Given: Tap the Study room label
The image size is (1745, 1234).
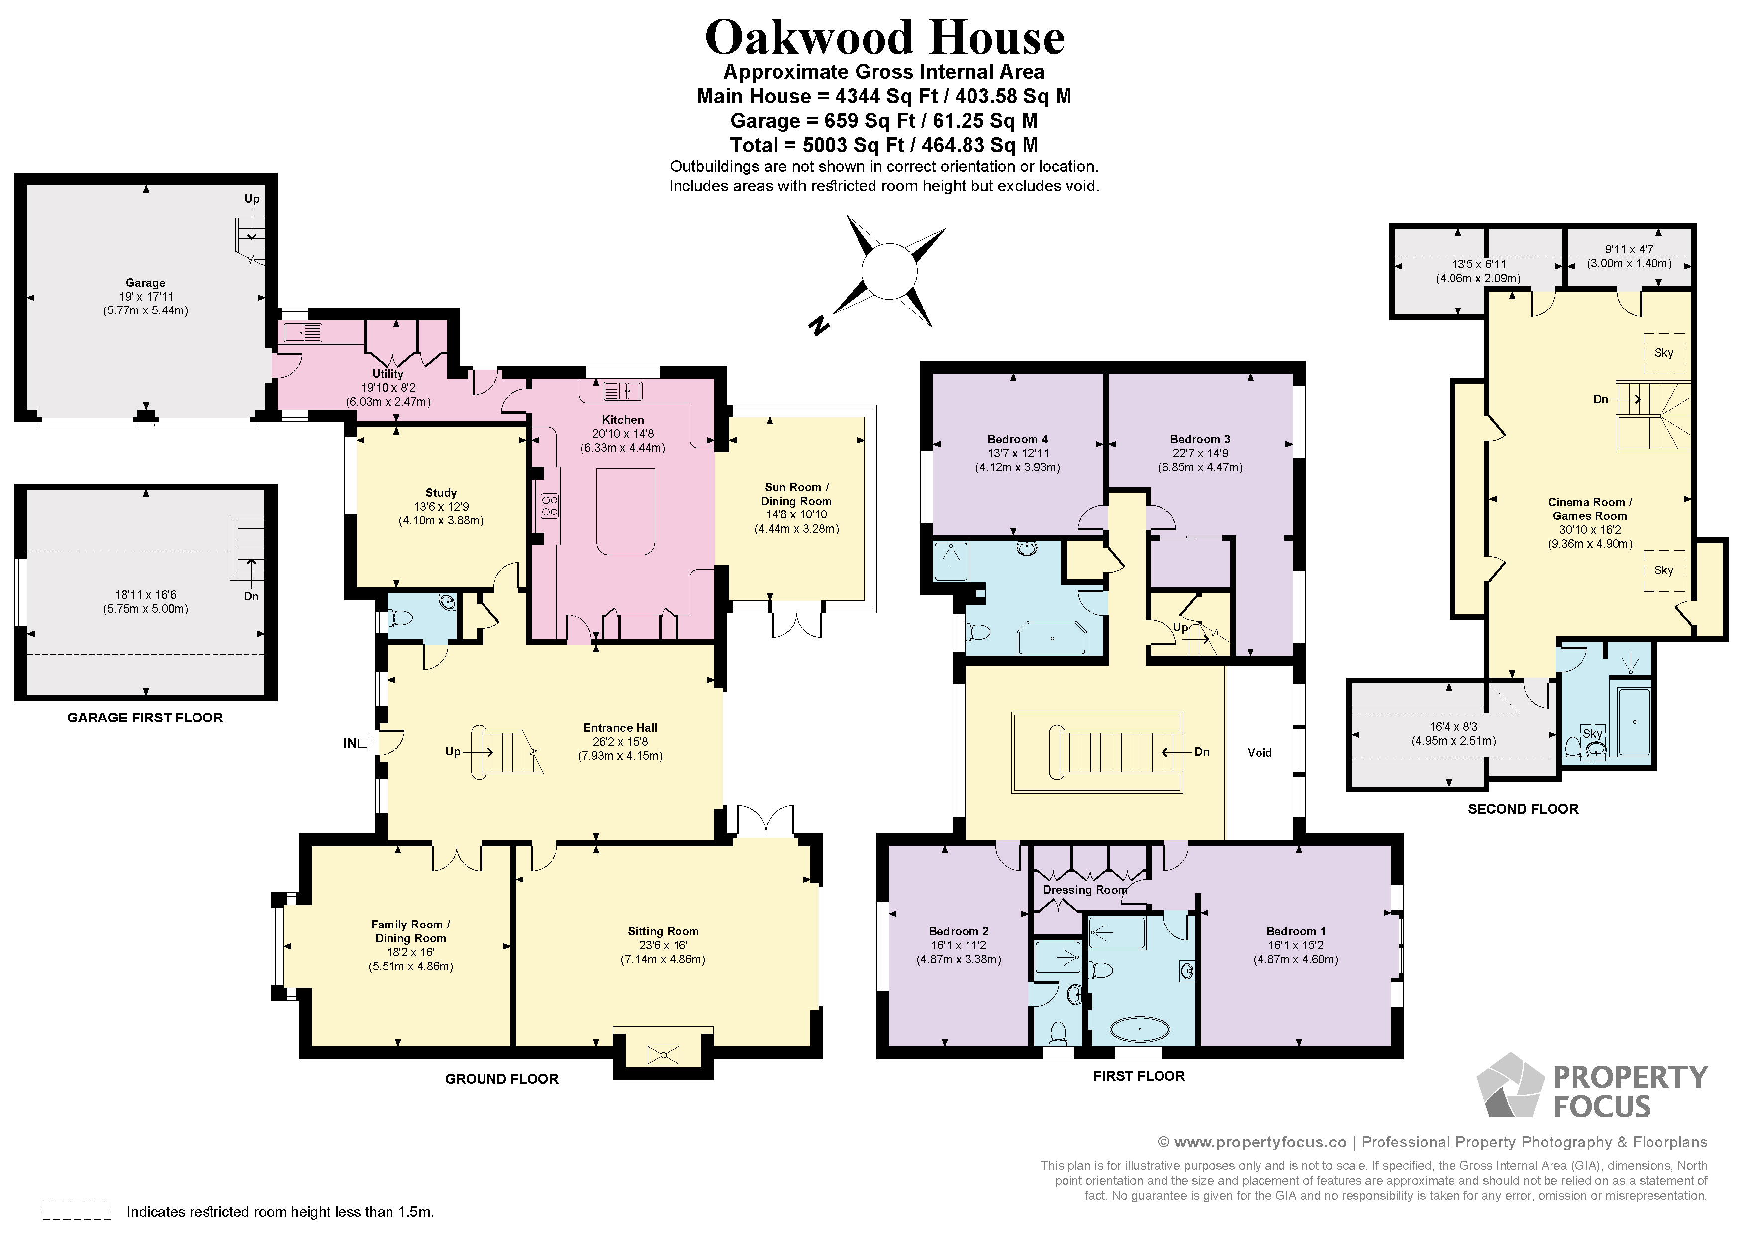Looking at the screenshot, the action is pos(441,493).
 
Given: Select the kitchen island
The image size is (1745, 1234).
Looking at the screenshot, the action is pos(625,512).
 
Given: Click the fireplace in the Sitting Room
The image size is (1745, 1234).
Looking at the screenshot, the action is pos(663,1054).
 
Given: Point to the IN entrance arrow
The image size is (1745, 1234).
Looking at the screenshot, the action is pos(366,743).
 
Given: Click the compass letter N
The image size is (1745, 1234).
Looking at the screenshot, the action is pos(818,326).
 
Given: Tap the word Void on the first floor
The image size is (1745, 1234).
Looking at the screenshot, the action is pos(1260,753).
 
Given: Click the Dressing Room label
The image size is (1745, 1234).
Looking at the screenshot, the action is pos(1084,890).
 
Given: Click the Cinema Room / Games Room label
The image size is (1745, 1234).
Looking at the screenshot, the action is pos(1590,509).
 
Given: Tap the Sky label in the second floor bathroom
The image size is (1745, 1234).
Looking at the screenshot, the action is pos(1592,734).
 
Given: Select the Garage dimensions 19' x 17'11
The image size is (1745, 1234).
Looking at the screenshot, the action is pos(145,297).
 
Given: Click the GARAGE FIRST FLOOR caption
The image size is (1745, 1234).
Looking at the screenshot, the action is pos(145,718).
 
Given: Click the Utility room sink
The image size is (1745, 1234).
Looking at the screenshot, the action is pos(303,332).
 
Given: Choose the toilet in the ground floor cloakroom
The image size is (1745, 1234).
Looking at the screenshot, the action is pos(400,619).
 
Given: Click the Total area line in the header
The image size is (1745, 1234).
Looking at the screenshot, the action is pos(884,145).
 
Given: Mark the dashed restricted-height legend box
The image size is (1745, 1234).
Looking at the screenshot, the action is pos(77,1211).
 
